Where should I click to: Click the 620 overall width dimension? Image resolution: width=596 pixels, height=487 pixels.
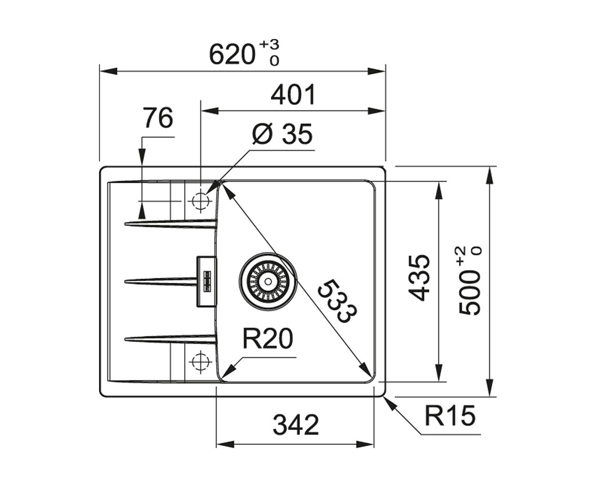point(232,55)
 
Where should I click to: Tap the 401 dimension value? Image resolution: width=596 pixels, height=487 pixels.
point(293,94)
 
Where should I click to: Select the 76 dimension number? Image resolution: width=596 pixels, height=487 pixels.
point(158,117)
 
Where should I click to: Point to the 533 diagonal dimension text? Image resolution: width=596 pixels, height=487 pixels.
point(338,301)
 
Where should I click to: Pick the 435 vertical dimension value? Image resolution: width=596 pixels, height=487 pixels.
point(419,278)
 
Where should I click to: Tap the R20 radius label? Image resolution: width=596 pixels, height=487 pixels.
point(268,339)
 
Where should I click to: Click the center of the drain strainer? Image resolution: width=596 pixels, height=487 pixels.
point(268,282)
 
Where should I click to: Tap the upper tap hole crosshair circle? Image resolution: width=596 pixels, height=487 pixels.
point(200,201)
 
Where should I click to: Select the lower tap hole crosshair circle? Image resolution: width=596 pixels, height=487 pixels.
point(200,361)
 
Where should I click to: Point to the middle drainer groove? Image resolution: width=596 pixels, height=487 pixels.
point(161,282)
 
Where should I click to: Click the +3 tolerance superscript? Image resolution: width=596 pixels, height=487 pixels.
point(269,45)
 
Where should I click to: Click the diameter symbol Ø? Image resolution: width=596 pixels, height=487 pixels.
point(263,134)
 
